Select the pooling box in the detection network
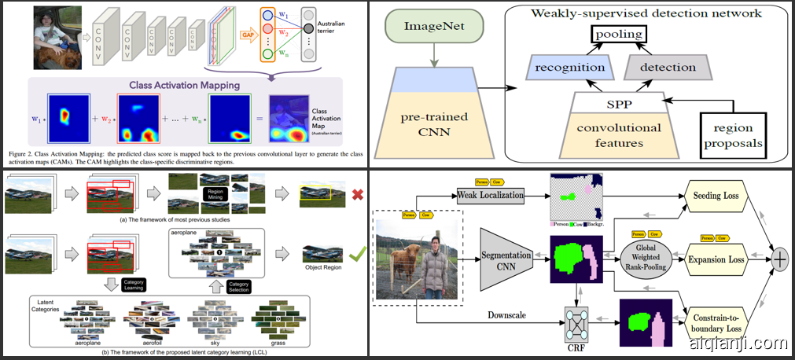618,34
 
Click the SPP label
618,102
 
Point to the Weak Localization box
490,194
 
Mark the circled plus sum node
780,259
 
